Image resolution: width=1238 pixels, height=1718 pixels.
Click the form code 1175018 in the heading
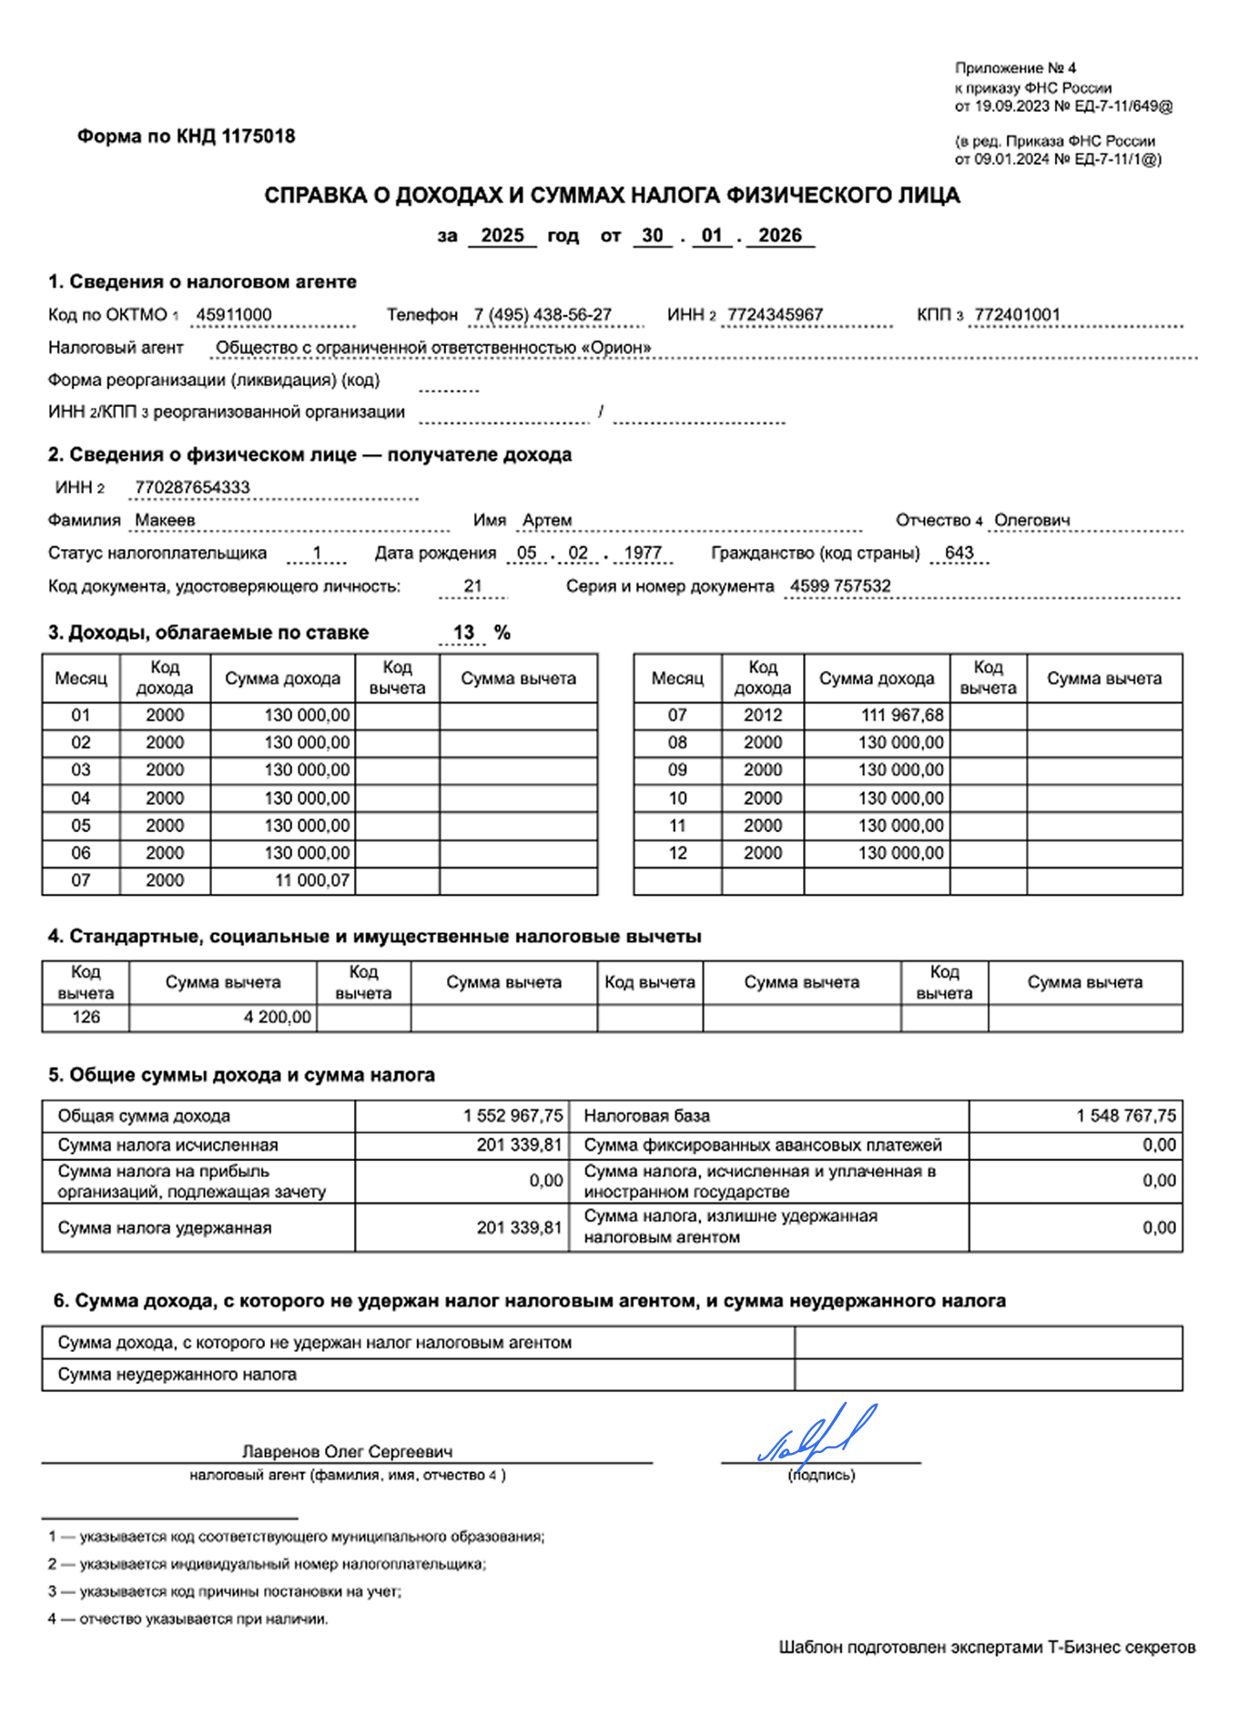(x=259, y=137)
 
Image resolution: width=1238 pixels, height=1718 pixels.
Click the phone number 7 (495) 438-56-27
(x=543, y=315)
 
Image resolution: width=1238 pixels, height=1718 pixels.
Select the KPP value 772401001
(x=1017, y=315)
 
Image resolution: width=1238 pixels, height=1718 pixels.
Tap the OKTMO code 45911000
(x=234, y=315)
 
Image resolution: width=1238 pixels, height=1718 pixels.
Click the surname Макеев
(x=165, y=521)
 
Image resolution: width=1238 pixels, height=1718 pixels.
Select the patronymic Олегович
(x=1031, y=521)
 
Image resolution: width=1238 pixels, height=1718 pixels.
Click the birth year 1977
(x=643, y=554)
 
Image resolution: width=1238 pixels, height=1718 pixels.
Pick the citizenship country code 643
(x=959, y=554)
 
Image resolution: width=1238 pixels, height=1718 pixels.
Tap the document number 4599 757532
(x=840, y=586)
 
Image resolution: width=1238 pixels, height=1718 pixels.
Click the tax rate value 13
(x=463, y=633)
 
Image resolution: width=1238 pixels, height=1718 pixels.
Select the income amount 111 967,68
(x=902, y=716)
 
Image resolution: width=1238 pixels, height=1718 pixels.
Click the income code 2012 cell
(x=762, y=716)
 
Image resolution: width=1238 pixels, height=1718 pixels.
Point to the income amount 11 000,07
(x=312, y=880)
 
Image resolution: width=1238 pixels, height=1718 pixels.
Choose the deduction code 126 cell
(x=86, y=1017)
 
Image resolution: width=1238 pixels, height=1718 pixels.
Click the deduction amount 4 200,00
(x=277, y=1017)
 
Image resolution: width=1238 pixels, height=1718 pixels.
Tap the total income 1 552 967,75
(x=512, y=1116)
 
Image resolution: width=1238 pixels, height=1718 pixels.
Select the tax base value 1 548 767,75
(x=1125, y=1116)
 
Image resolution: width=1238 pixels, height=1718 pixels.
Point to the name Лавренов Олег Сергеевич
(x=347, y=1452)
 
